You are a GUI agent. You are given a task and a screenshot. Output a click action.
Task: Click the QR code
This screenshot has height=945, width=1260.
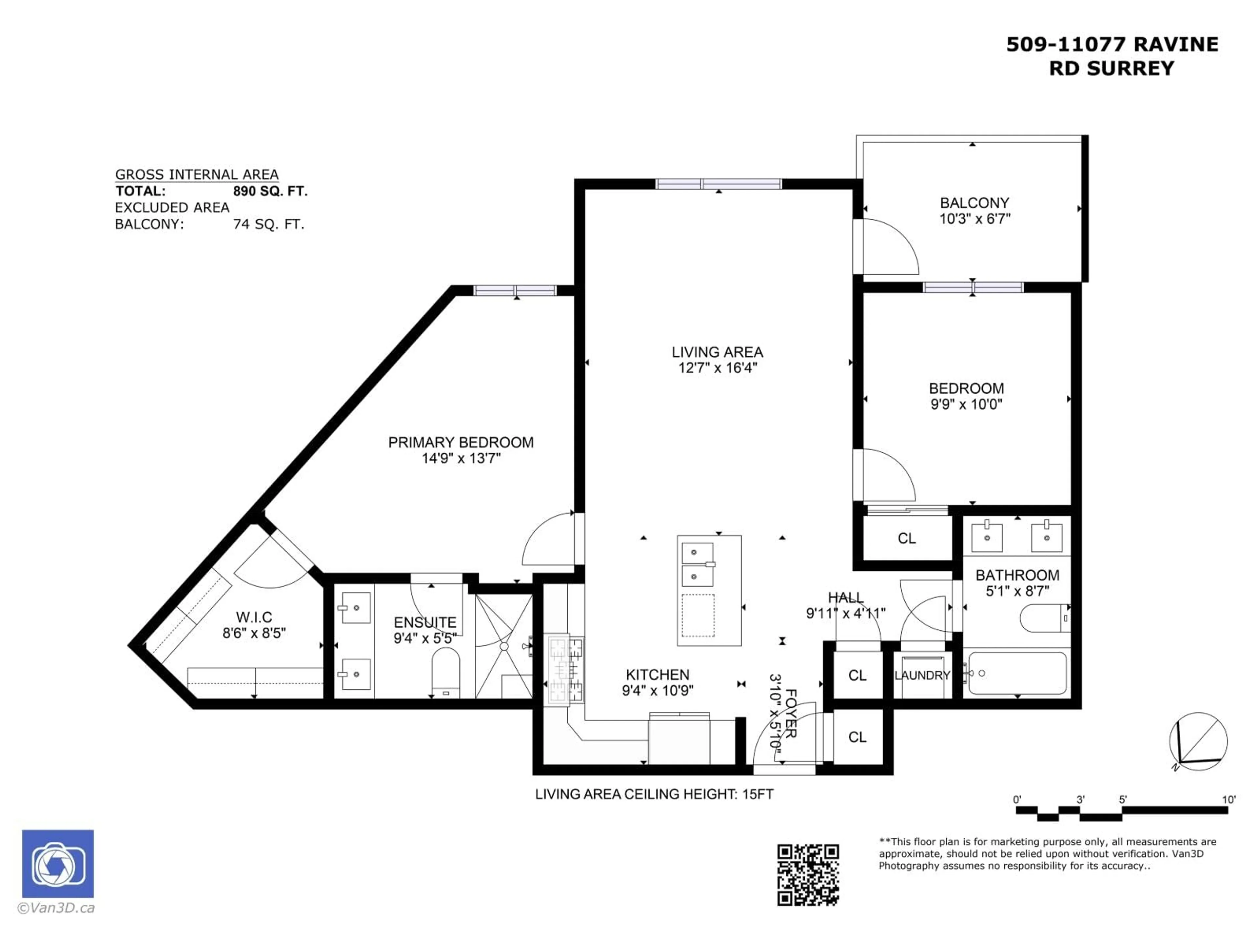click(x=808, y=874)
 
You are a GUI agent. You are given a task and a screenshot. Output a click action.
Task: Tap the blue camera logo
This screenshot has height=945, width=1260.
click(x=57, y=864)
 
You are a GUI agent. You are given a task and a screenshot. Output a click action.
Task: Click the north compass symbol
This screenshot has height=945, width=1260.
click(x=1198, y=742)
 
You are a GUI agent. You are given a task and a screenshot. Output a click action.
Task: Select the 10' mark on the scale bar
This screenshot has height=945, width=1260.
click(x=1229, y=800)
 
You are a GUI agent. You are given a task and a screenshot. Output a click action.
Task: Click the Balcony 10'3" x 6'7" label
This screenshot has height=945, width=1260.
click(x=974, y=211)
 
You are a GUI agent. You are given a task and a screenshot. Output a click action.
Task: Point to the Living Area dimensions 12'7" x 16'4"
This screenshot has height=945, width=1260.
click(x=717, y=368)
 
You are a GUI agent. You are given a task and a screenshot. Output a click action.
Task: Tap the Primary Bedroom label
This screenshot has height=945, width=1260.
click(x=460, y=443)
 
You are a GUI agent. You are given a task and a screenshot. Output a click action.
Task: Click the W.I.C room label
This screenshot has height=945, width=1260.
click(x=254, y=617)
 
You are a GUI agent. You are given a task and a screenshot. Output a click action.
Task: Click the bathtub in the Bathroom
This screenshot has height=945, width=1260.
click(x=1017, y=673)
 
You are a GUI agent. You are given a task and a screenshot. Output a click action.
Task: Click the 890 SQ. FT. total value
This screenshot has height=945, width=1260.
click(x=270, y=191)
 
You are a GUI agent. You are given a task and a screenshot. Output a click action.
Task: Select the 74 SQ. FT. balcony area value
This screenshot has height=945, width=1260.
click(x=269, y=224)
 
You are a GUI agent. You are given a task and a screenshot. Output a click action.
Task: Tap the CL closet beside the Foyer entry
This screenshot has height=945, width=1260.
click(x=857, y=737)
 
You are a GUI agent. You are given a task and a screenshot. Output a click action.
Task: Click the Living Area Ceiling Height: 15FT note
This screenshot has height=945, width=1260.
click(x=654, y=794)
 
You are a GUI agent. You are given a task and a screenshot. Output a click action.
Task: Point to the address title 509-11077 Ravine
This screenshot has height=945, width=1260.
click(x=1112, y=44)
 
